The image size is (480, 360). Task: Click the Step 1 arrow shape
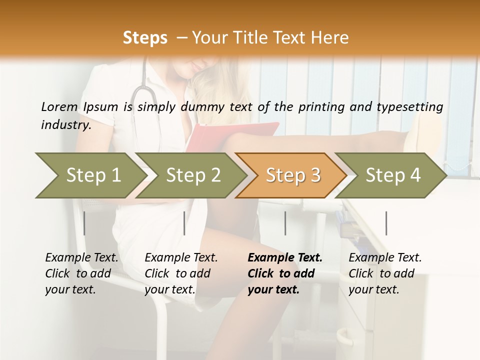tap(90, 175)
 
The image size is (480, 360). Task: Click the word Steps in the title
tap(145, 37)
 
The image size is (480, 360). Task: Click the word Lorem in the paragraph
tap(59, 106)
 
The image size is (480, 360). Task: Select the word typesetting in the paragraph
tap(413, 106)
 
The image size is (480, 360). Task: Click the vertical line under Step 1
tap(84, 223)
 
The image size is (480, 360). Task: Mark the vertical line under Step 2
tap(184, 223)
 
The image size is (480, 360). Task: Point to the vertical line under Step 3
tap(285, 223)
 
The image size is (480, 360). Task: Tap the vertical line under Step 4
tap(386, 223)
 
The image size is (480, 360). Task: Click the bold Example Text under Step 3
tap(285, 257)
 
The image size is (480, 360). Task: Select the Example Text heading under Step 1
tap(81, 257)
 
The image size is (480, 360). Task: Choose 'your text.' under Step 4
tap(374, 289)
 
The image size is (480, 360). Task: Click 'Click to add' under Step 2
tap(177, 273)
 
